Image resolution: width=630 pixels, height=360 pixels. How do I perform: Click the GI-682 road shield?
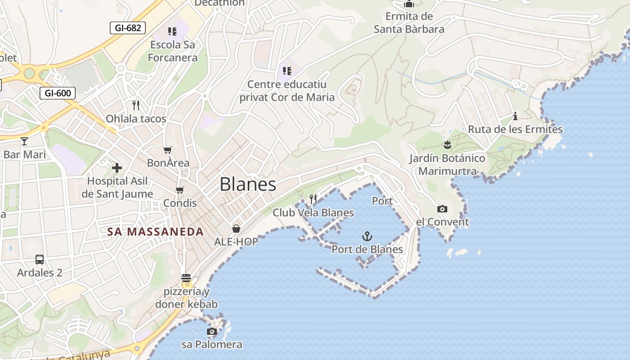point(128,28)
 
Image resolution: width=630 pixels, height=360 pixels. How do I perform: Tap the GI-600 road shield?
point(58,94)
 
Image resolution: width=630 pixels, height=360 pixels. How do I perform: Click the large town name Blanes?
point(248,184)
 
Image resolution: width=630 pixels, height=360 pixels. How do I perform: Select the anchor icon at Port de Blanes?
point(367,236)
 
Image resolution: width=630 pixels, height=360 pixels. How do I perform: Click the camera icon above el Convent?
point(442,209)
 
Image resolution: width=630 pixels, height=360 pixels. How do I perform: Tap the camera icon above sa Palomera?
point(211,332)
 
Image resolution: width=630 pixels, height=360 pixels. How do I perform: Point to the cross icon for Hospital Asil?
point(117,168)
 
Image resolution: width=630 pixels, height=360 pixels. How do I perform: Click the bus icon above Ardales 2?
point(40,260)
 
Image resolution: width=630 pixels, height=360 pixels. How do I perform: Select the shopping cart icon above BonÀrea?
point(168,150)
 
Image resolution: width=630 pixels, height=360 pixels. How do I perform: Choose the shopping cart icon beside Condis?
point(180,190)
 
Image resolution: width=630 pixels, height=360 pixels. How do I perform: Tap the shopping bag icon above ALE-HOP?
point(236,229)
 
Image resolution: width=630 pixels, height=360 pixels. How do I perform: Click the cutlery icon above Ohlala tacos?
point(136,105)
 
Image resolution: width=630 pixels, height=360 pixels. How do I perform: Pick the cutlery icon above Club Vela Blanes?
point(313,199)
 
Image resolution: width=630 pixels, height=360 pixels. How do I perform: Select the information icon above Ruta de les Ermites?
point(515,117)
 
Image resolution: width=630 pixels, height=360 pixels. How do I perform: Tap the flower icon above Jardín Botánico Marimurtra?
point(447,145)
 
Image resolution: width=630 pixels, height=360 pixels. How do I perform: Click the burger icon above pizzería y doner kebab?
point(186,278)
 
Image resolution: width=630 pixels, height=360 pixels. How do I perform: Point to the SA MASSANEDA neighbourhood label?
point(155,232)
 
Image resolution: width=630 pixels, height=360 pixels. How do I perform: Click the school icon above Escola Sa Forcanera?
point(172,31)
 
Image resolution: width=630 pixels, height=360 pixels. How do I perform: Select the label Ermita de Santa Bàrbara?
point(409,23)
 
